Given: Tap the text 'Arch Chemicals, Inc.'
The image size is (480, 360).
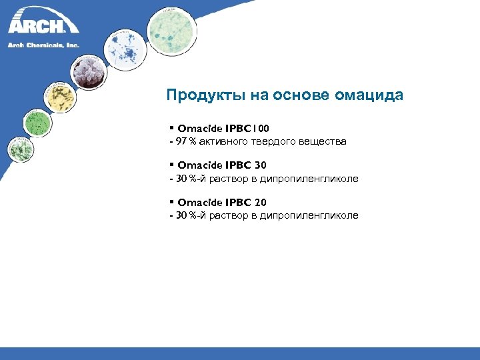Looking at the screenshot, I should tap(43, 45).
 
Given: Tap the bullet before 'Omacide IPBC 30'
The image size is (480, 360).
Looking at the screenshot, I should tap(171, 165).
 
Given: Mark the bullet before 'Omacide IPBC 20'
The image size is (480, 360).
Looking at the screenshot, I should tap(171, 201).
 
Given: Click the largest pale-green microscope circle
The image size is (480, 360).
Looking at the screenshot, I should tap(172, 32).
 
